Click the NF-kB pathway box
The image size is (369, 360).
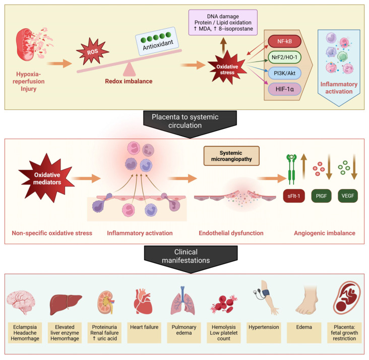(x=284, y=41)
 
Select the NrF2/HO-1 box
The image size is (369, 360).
(x=284, y=57)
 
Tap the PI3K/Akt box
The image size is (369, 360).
(x=284, y=73)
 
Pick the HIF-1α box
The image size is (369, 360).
(x=284, y=89)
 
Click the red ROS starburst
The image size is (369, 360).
(x=92, y=51)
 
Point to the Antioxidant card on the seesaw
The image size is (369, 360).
(x=157, y=41)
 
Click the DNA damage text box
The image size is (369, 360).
(x=223, y=23)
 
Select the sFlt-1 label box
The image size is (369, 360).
(x=294, y=196)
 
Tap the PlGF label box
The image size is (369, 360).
(x=321, y=196)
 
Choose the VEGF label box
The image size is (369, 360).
(x=348, y=196)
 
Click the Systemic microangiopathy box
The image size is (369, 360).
(x=231, y=156)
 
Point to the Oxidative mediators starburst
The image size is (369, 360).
(x=46, y=178)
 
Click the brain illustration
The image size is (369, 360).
(x=21, y=303)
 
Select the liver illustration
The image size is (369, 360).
(x=66, y=305)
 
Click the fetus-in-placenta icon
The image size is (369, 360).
(x=347, y=297)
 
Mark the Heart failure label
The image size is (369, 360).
(x=144, y=327)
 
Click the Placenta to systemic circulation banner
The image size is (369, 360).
(x=190, y=124)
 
